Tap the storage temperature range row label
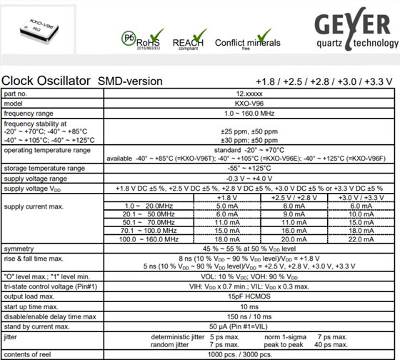(44, 169)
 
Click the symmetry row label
(19, 248)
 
